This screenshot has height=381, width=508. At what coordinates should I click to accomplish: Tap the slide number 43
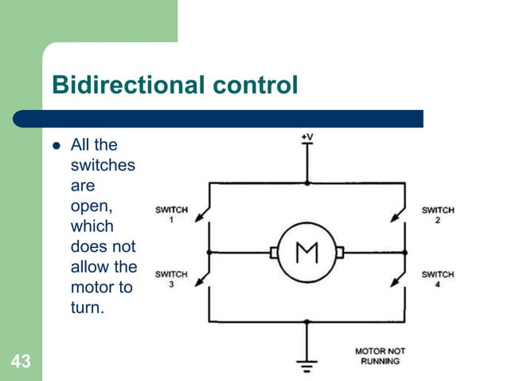point(21,362)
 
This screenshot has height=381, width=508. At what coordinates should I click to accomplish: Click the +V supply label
point(307,137)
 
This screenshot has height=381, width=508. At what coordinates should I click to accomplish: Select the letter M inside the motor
point(307,253)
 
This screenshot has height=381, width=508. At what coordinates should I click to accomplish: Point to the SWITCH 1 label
point(171,214)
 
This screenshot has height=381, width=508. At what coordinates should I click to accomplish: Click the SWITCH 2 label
point(438,214)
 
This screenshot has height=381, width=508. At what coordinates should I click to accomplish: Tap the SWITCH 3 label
point(171,278)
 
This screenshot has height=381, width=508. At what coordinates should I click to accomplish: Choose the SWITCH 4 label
point(438,278)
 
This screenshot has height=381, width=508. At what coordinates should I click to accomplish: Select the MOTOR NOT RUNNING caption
point(380,355)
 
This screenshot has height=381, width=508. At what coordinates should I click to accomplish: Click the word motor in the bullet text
point(91,287)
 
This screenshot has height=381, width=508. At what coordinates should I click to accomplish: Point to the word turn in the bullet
point(85,307)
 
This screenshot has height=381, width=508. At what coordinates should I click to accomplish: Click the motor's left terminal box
point(274,253)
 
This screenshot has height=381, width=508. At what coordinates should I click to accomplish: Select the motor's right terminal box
point(339,253)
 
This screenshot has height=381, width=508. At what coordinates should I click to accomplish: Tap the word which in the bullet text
point(92,226)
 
